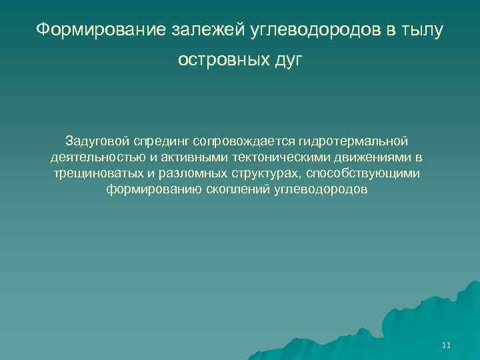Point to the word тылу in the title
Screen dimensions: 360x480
pos(420,30)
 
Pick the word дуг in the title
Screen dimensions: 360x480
pos(288,61)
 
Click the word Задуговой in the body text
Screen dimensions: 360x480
pos(97,141)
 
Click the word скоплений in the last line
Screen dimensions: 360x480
pos(241,189)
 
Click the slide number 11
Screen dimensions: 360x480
pos(446,345)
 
